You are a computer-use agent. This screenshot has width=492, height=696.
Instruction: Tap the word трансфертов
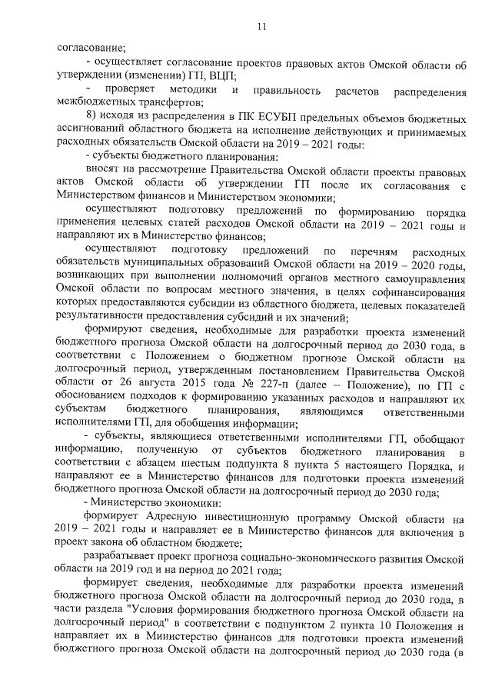pyautogui.click(x=171, y=104)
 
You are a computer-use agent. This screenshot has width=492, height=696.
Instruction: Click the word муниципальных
pyautogui.click(x=161, y=266)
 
